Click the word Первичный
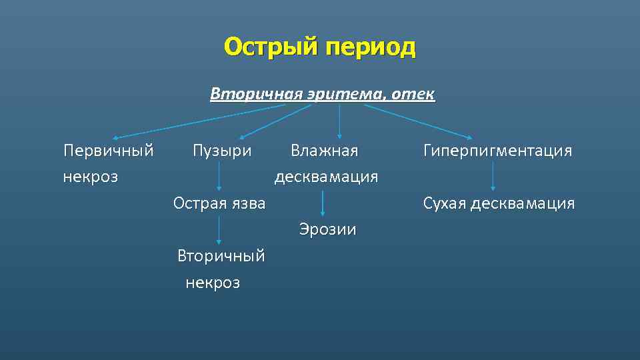click(109, 151)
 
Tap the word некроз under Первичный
click(91, 177)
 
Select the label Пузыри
click(222, 151)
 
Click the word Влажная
click(324, 151)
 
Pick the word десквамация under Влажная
click(327, 177)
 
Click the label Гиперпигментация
click(497, 151)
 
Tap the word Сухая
click(445, 203)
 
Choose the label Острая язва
click(219, 203)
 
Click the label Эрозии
click(327, 230)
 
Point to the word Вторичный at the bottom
click(221, 256)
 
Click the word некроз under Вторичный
click(213, 283)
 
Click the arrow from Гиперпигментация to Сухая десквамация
click(493, 177)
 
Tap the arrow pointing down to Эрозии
click(323, 203)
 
